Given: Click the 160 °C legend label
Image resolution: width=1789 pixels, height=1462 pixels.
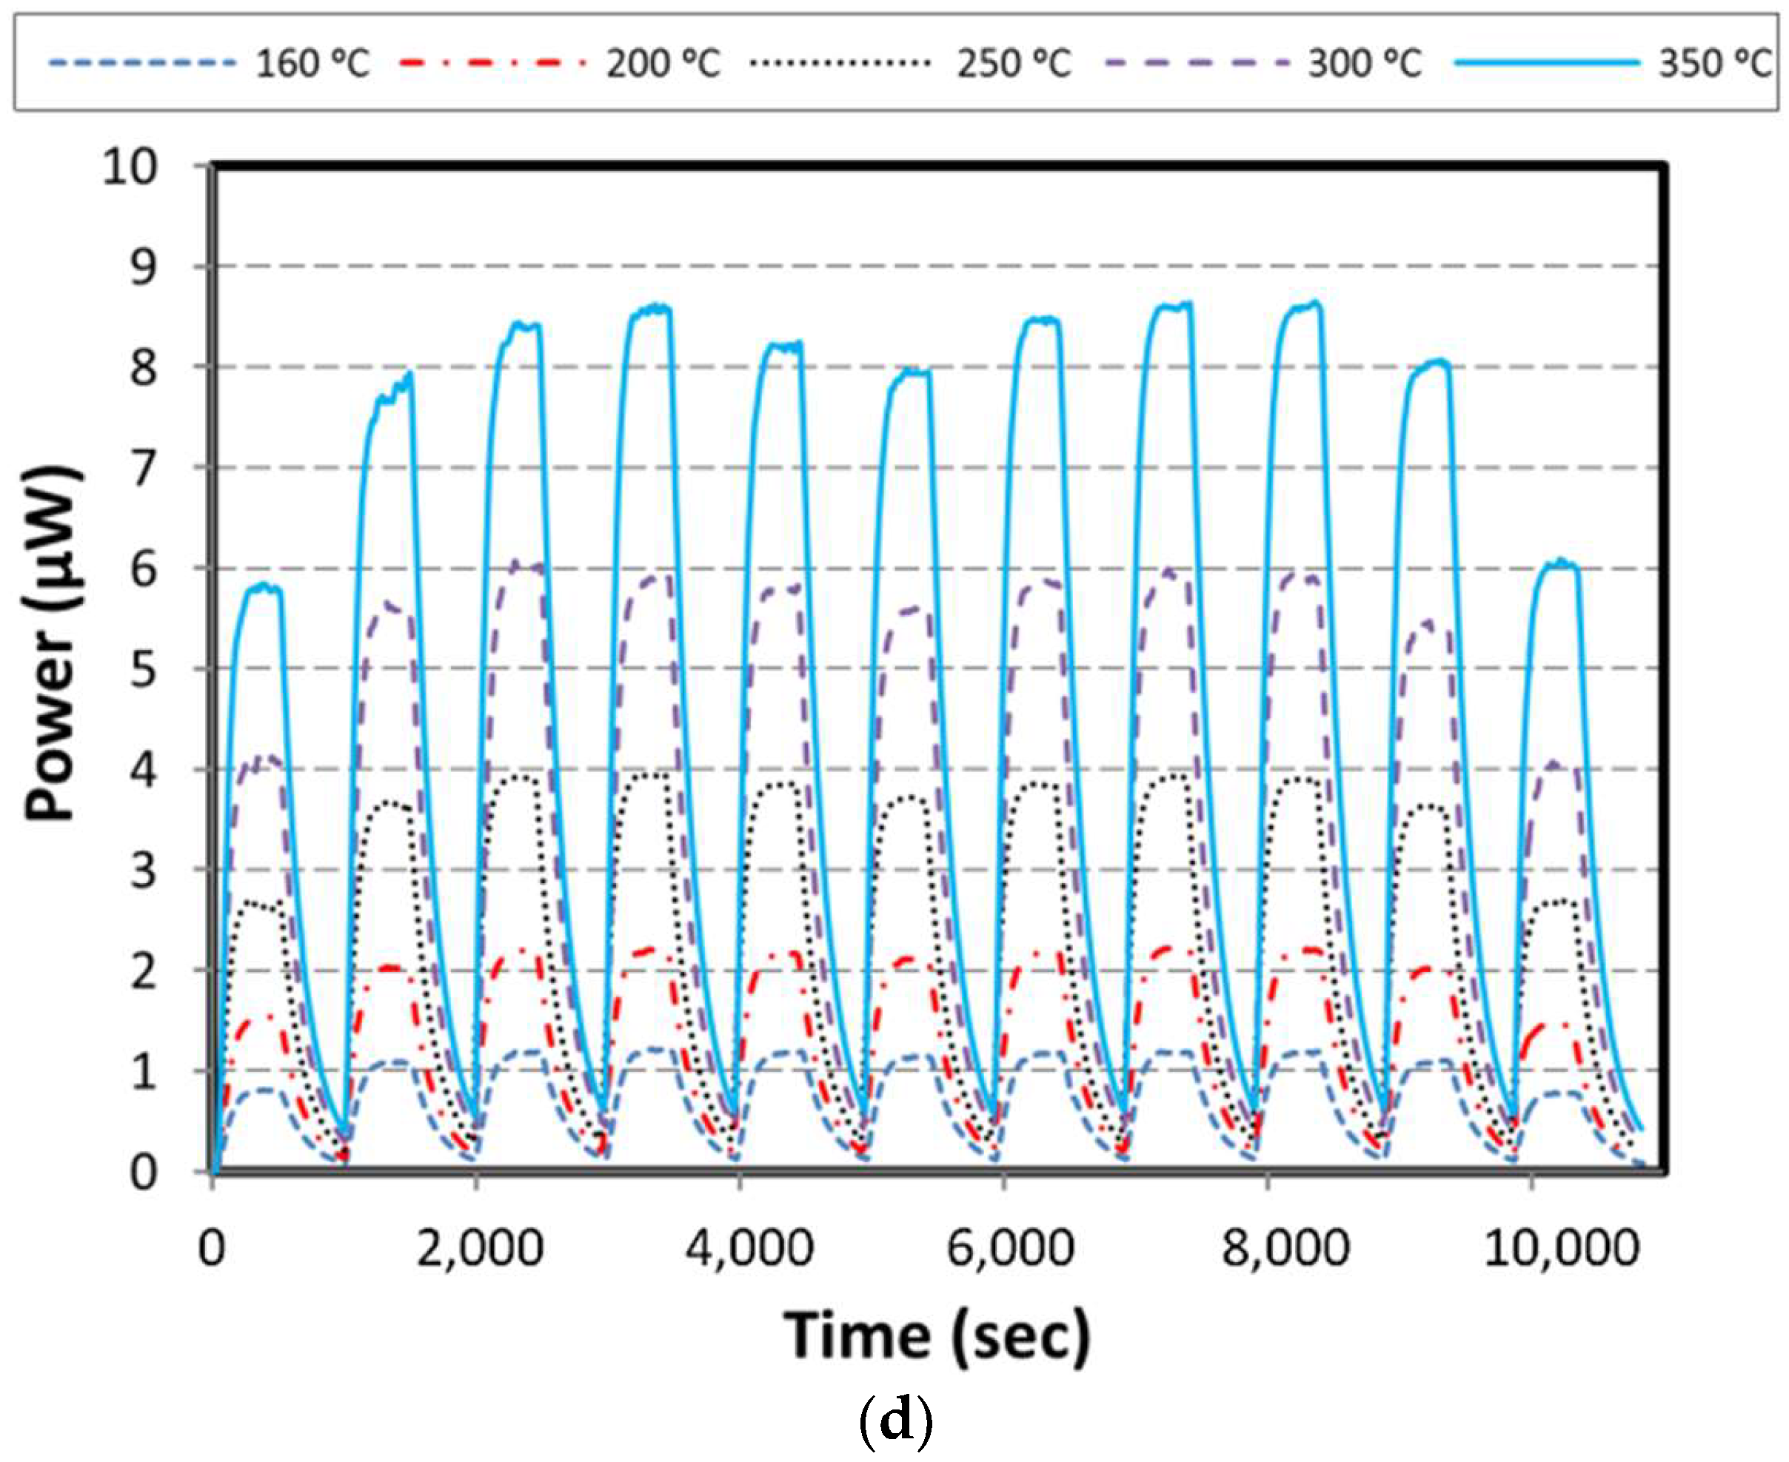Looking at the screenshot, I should click(312, 63).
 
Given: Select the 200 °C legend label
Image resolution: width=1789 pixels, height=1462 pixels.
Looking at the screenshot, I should click(663, 63).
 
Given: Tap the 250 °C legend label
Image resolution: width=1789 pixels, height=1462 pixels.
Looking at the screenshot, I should click(1013, 63).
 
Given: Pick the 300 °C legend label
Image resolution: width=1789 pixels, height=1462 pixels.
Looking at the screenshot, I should click(1365, 63).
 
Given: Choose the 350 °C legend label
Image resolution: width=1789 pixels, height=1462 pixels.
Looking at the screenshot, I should click(1715, 63).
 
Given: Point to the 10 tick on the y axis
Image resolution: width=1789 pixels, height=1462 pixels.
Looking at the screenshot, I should click(130, 167).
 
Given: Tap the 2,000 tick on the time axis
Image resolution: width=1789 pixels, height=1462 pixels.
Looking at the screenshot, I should click(479, 1248).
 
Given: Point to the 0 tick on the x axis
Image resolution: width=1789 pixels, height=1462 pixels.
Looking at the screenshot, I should click(212, 1248).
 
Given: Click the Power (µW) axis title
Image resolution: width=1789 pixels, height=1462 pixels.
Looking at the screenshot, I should click(53, 644).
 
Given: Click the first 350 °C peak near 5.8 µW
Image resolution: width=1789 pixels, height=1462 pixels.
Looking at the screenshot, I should click(264, 586).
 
